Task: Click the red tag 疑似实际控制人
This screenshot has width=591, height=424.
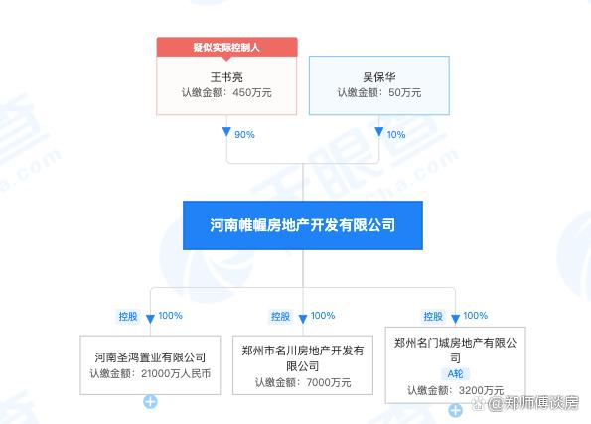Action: (226, 47)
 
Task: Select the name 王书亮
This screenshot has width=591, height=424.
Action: (226, 77)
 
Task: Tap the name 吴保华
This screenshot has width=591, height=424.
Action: (379, 77)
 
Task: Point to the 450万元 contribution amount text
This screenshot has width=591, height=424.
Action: (252, 92)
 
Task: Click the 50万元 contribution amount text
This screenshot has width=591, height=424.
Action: (405, 92)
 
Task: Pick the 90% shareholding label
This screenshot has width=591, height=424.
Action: (244, 135)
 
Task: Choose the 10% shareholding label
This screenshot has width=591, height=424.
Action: (396, 135)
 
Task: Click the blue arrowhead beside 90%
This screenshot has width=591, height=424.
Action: (226, 131)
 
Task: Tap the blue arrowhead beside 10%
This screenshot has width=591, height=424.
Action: (379, 131)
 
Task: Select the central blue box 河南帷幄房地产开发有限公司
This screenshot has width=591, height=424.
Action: (303, 225)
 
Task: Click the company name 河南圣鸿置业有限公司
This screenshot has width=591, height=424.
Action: (150, 357)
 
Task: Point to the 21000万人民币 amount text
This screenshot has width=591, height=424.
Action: (176, 374)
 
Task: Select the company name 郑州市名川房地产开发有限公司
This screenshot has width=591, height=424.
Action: (303, 358)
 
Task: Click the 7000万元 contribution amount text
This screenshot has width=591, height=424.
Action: (329, 383)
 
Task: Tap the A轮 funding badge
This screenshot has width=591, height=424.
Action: (455, 374)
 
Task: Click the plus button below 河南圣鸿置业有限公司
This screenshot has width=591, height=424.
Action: (150, 402)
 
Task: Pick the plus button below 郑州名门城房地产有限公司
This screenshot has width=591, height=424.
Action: (455, 410)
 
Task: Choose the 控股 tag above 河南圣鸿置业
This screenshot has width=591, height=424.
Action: (128, 316)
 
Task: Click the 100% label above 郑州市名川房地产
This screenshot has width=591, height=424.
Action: (323, 316)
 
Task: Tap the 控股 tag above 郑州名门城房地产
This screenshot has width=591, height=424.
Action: (433, 316)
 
